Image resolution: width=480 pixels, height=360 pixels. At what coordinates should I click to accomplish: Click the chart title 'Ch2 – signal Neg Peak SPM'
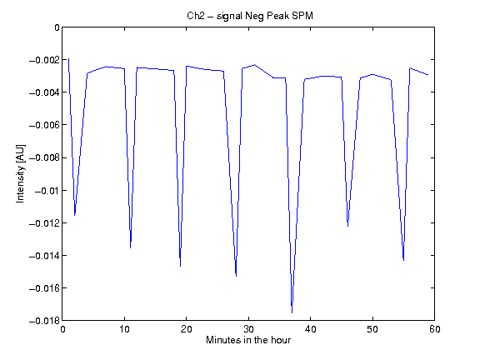250,16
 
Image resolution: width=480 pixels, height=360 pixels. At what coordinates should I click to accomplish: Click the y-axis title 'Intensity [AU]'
21,173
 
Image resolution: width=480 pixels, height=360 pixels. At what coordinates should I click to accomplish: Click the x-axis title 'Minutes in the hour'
248,340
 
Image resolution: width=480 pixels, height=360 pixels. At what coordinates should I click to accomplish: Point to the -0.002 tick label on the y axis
45,60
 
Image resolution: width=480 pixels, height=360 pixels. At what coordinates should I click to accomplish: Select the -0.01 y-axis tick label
47,191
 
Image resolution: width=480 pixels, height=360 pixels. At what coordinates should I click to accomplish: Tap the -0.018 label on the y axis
45,321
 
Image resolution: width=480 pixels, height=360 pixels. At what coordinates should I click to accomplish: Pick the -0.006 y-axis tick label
45,125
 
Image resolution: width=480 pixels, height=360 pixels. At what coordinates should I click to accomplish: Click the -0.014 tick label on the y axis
45,256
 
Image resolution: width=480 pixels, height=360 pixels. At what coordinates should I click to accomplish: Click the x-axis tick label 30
248,329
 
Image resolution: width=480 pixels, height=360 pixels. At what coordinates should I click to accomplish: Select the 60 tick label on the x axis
435,329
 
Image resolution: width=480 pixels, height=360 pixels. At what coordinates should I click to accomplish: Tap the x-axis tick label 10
124,329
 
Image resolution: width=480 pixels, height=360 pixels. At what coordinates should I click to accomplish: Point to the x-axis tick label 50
372,329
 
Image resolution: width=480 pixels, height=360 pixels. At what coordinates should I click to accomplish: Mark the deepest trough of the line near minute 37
292,312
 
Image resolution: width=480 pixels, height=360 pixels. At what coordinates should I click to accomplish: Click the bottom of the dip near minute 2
75,215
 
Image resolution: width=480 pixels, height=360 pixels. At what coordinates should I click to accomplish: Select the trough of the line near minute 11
130,247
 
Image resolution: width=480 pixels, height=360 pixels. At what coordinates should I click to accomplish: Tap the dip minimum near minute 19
180,266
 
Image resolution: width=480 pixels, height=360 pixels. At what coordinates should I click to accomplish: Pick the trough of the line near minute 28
236,276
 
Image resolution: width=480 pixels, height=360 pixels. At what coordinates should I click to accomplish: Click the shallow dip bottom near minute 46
347,226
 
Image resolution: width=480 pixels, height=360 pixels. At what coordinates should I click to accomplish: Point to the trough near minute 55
404,260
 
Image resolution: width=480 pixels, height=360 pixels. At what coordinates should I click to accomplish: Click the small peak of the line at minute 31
255,65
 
